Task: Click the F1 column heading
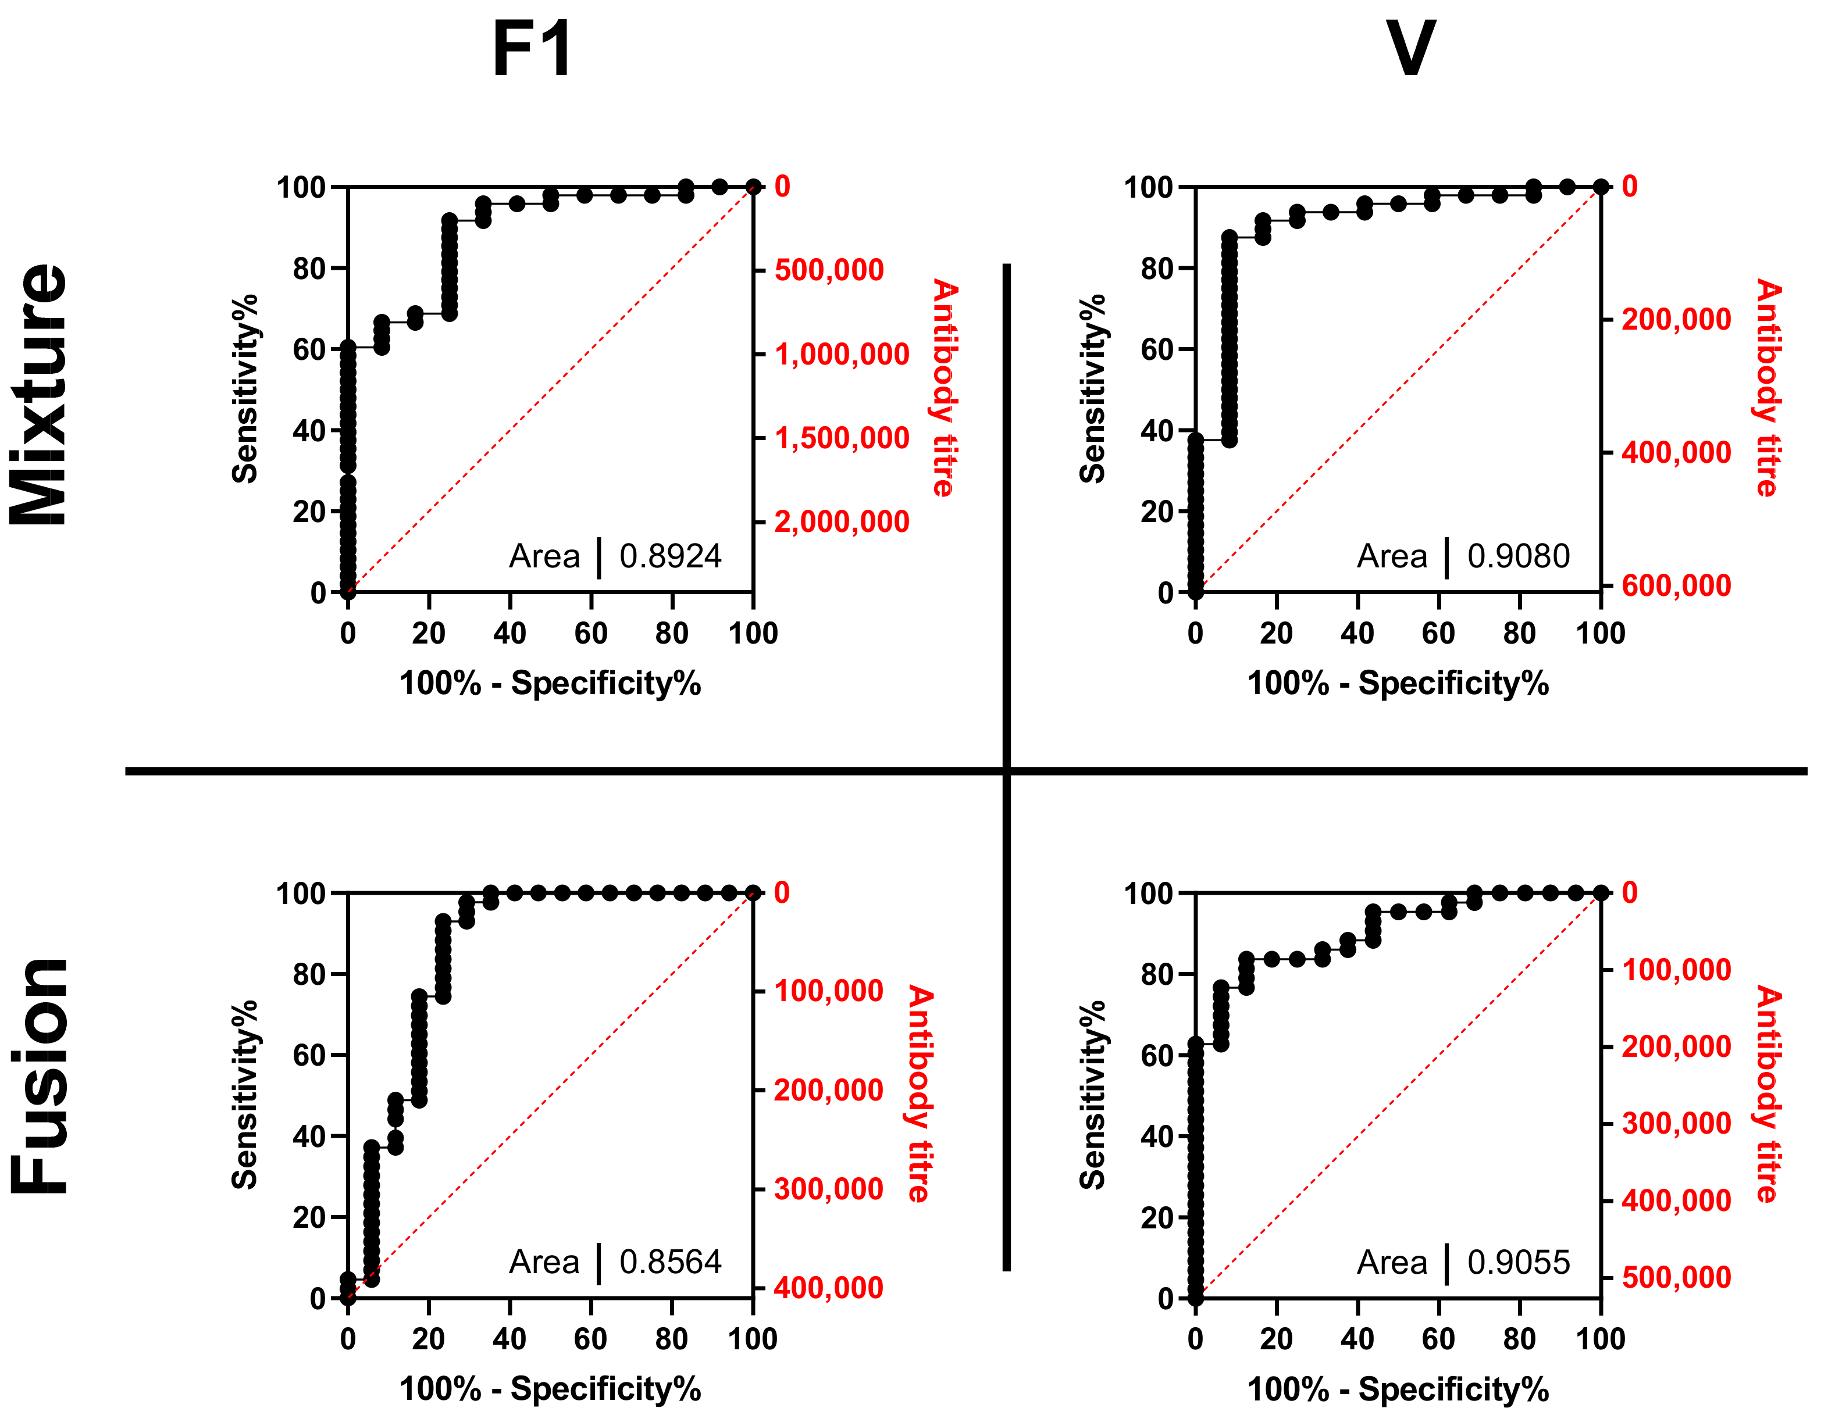coord(532,48)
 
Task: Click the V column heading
coord(1411,48)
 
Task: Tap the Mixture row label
coord(38,394)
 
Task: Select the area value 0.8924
coord(669,556)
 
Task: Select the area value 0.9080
coord(1519,556)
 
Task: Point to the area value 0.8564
coord(669,1262)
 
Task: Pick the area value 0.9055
coord(1519,1262)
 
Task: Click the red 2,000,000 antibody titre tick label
coord(841,522)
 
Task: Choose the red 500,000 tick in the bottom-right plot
coord(1676,1278)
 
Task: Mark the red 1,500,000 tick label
coord(841,438)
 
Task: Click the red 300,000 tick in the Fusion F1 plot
coord(828,1188)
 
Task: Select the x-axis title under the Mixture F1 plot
coord(550,684)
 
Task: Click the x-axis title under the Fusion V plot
coord(1398,1389)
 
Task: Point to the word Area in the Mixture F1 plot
coord(544,556)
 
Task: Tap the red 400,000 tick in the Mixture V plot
coord(1676,453)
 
